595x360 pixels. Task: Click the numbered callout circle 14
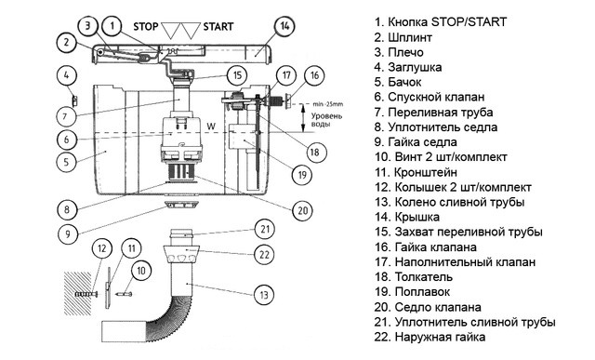click(284, 26)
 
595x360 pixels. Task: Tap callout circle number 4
click(67, 75)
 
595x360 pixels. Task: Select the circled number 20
click(302, 210)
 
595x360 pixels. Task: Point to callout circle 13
click(264, 295)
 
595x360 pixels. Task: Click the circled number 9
click(68, 233)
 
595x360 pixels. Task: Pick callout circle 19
click(302, 175)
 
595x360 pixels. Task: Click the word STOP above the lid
click(146, 27)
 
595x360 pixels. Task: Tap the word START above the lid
click(218, 27)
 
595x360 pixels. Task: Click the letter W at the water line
click(211, 126)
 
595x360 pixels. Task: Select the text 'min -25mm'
click(328, 104)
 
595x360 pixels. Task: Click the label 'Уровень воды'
click(326, 120)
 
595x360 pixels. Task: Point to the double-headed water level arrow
click(303, 118)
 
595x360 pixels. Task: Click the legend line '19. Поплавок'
click(412, 292)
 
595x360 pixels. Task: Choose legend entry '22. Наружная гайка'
click(430, 337)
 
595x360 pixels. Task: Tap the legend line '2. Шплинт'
click(403, 37)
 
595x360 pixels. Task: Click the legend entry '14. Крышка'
click(407, 217)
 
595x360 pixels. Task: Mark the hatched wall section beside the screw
click(78, 293)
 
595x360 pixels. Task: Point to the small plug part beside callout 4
click(74, 101)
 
